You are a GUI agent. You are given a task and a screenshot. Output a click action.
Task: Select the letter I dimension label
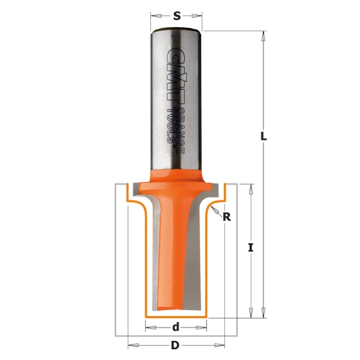tap(251, 247)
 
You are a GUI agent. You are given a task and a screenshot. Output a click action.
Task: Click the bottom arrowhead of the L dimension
tap(262, 314)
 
